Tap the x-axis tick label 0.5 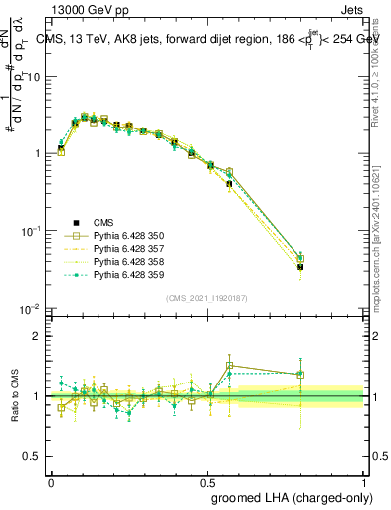pyautogui.click(x=207, y=481)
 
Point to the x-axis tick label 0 pyautogui.click(x=51, y=481)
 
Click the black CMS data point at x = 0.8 pyautogui.click(x=301, y=267)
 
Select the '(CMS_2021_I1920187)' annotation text pyautogui.click(x=207, y=298)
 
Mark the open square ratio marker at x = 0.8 pyautogui.click(x=301, y=375)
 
